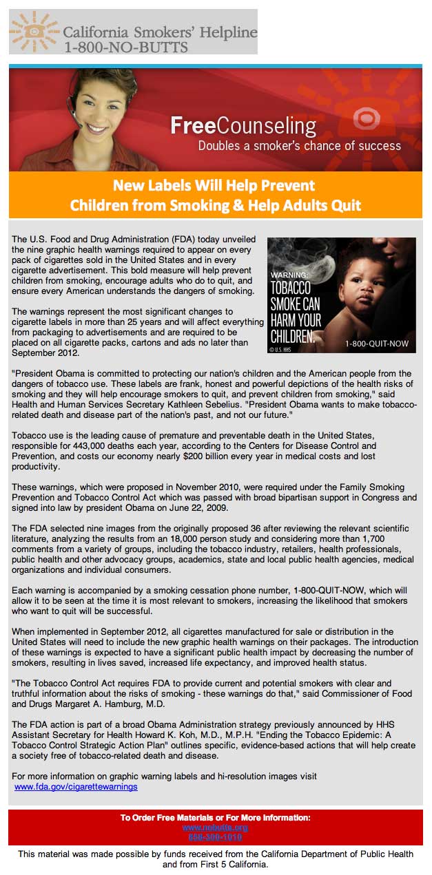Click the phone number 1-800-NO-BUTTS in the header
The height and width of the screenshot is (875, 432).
pyautogui.click(x=125, y=47)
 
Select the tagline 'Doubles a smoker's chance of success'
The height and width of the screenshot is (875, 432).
pyautogui.click(x=299, y=146)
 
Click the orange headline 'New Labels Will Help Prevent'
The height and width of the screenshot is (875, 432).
pyautogui.click(x=214, y=185)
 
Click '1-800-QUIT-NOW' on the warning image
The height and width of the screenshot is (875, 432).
pyautogui.click(x=378, y=343)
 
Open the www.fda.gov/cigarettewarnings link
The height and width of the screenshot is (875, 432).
pyautogui.click(x=76, y=786)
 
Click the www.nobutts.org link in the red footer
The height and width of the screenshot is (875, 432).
pyautogui.click(x=215, y=827)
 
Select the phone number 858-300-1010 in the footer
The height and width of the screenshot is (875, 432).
pyautogui.click(x=215, y=836)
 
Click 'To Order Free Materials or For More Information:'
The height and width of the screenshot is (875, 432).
pyautogui.click(x=215, y=817)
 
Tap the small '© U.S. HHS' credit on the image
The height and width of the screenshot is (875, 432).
pyautogui.click(x=280, y=349)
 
